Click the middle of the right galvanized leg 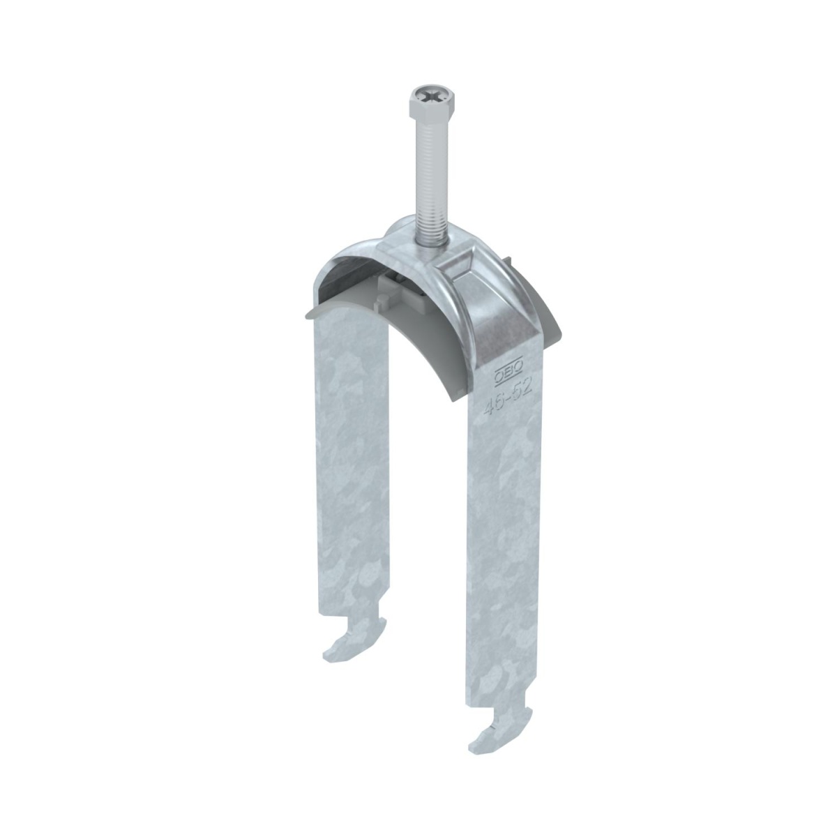pyautogui.click(x=506, y=544)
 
